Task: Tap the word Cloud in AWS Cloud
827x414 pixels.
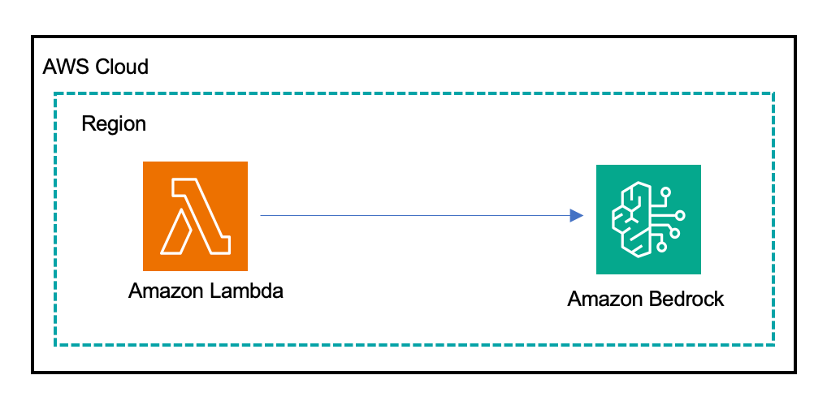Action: [x=122, y=67]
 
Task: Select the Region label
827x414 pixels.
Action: [x=114, y=124]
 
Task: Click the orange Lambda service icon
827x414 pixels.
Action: [x=195, y=216]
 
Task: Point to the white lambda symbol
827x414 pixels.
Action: [x=197, y=217]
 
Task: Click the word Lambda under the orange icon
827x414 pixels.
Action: [x=243, y=291]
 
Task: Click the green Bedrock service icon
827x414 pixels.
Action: [x=648, y=219]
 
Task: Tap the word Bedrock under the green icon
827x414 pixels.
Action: [x=686, y=299]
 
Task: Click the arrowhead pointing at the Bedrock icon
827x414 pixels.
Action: [x=577, y=215]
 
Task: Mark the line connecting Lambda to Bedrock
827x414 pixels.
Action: [x=414, y=215]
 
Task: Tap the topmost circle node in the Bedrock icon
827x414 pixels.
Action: [x=666, y=193]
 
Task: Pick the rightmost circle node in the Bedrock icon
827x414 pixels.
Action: [x=681, y=215]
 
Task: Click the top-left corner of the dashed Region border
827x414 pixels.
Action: [x=55, y=93]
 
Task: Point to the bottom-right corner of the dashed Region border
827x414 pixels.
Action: [x=773, y=345]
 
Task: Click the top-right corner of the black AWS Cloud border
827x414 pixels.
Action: [x=795, y=37]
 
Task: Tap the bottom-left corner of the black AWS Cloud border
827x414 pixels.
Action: [x=32, y=373]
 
